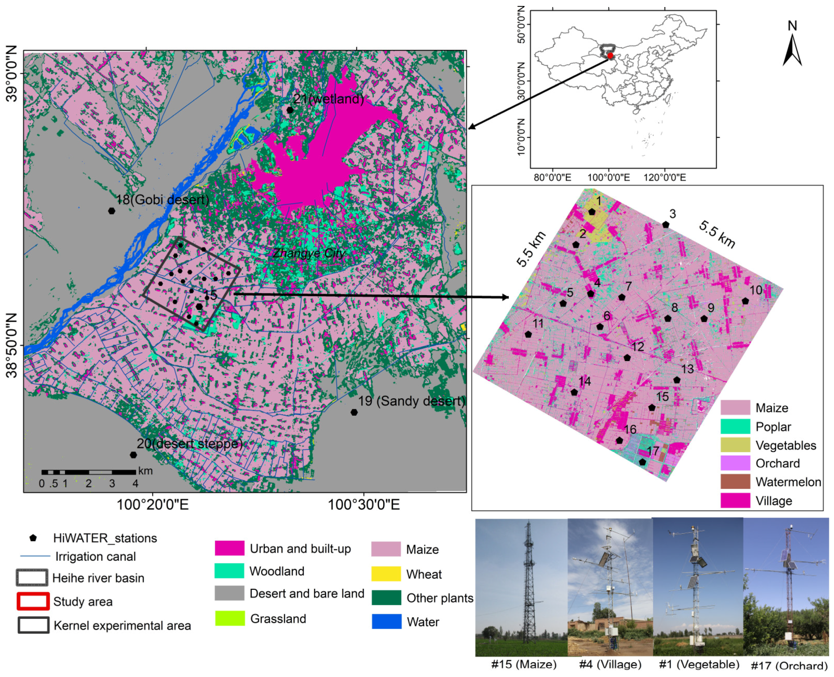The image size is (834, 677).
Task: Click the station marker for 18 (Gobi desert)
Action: click(112, 211)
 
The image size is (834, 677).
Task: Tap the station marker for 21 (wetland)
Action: click(290, 110)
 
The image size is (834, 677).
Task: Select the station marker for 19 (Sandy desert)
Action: click(354, 412)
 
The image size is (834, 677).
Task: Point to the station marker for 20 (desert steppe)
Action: click(133, 455)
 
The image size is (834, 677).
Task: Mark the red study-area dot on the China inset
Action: click(610, 56)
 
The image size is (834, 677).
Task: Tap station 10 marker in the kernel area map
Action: click(745, 301)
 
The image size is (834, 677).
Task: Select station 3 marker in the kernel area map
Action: click(666, 225)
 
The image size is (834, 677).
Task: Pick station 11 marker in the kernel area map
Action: click(528, 334)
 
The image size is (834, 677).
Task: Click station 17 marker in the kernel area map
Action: click(642, 462)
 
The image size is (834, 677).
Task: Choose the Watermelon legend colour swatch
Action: click(735, 482)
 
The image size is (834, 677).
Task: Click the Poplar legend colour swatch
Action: click(735, 426)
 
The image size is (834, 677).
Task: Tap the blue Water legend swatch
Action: click(386, 622)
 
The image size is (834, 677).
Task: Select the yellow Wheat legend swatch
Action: click(386, 574)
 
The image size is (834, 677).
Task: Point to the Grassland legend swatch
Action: click(230, 618)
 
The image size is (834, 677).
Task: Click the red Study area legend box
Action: click(33, 601)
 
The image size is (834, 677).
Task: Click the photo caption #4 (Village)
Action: click(610, 664)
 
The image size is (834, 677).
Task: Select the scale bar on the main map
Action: click(89, 472)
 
